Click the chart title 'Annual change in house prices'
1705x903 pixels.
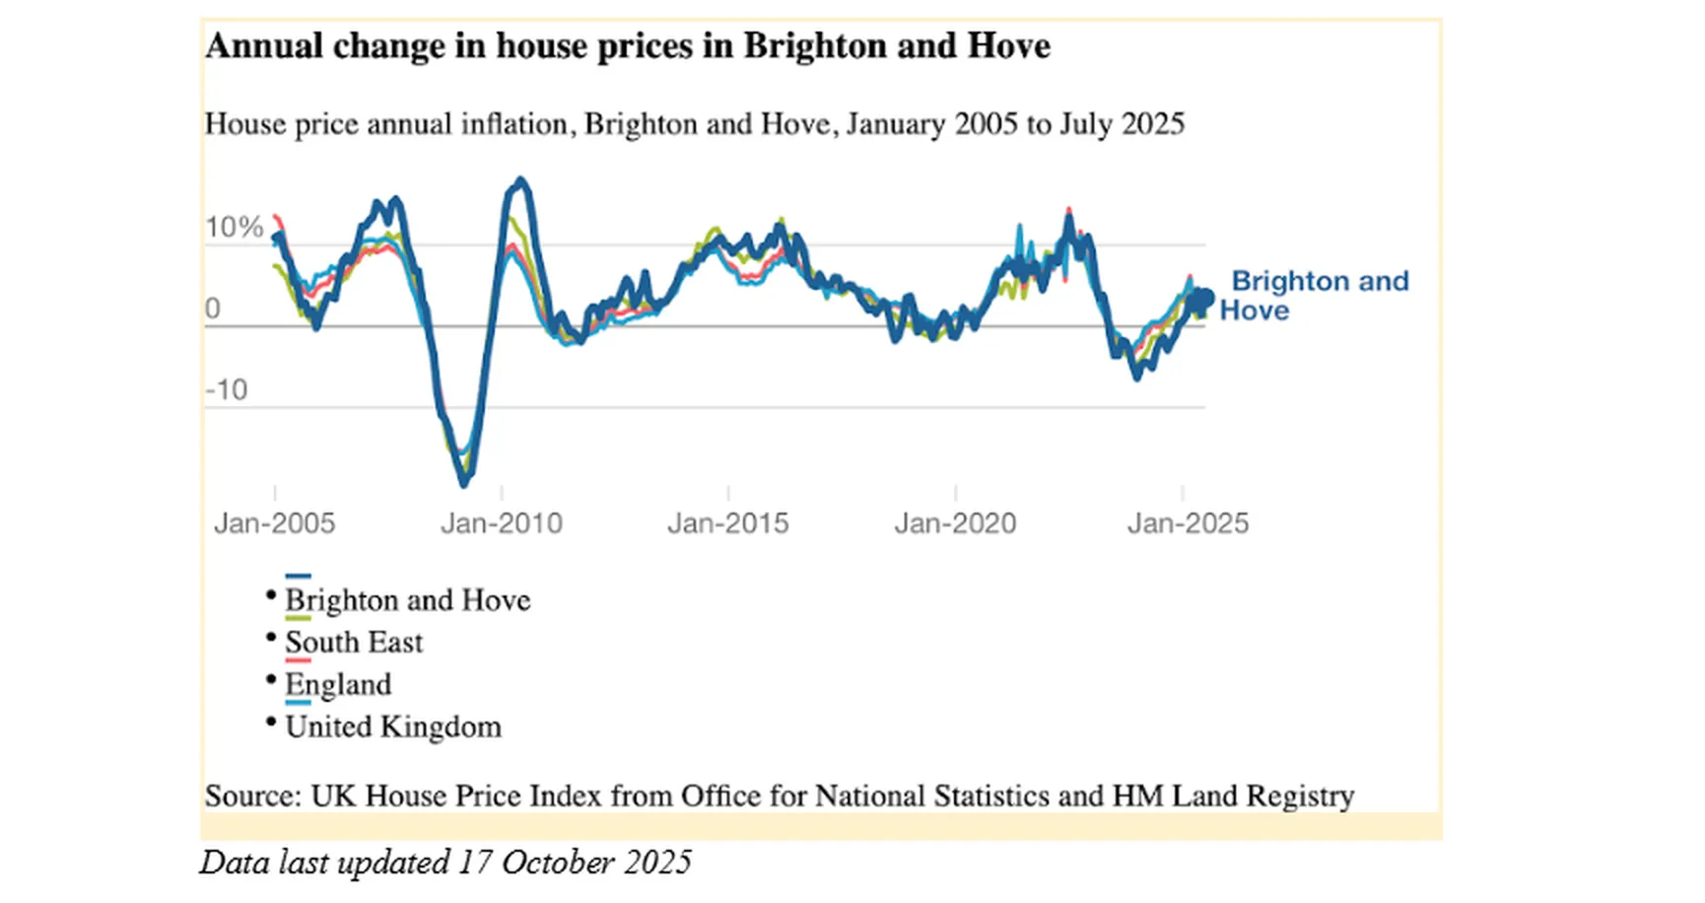pos(627,46)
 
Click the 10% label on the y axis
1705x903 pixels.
pos(234,228)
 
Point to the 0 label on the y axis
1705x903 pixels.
pos(213,309)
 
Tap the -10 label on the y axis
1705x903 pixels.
pos(227,390)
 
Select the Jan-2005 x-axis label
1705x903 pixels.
pos(274,523)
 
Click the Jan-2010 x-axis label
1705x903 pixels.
pos(501,523)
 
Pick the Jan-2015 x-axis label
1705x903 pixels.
pos(727,523)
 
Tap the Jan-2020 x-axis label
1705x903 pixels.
pos(955,523)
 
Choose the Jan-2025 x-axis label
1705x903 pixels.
pos(1188,523)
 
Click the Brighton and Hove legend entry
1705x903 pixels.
pos(407,600)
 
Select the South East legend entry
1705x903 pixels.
pos(354,643)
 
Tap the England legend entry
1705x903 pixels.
pos(338,685)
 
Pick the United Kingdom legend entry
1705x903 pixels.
pos(392,728)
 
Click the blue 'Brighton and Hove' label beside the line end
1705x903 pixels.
pos(1318,295)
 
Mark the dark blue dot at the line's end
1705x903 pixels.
pos(1203,298)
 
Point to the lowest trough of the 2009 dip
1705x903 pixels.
pos(464,483)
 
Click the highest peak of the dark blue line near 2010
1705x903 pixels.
pos(520,180)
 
